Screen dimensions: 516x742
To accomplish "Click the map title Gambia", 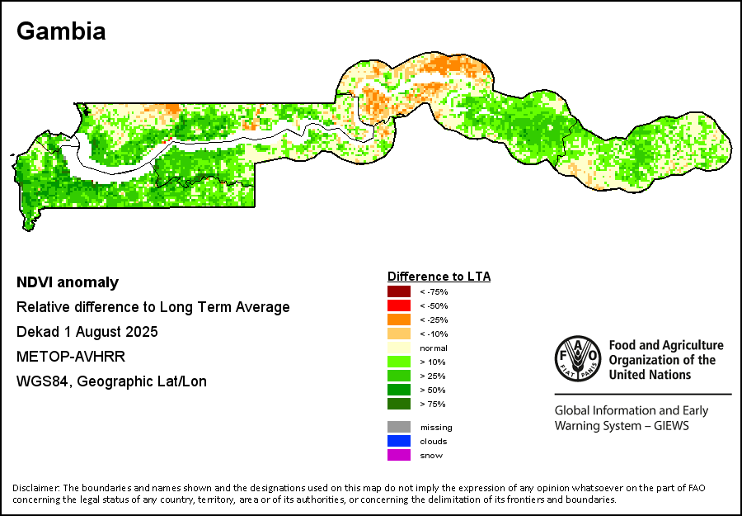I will click(61, 31).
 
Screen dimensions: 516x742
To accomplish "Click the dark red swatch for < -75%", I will click(398, 291).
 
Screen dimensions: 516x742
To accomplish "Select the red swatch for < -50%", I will click(398, 305).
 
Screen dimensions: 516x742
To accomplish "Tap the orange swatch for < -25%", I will click(398, 320).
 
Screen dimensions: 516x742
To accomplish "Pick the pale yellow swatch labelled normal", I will click(398, 348).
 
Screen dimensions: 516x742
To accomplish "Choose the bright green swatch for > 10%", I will click(398, 362).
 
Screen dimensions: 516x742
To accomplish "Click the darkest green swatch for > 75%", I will click(398, 404).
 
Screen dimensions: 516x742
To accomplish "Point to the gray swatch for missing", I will click(398, 427).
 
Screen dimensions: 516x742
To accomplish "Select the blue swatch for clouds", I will click(398, 441).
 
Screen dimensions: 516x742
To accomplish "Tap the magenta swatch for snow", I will click(398, 455).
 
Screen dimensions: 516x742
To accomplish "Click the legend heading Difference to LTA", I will click(439, 277).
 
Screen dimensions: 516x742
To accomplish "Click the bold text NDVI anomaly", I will click(68, 282).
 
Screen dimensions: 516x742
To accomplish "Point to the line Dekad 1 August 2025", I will click(87, 332).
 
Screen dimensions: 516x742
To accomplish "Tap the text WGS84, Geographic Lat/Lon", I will click(111, 381).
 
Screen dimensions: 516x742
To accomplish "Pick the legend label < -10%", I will click(434, 334).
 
